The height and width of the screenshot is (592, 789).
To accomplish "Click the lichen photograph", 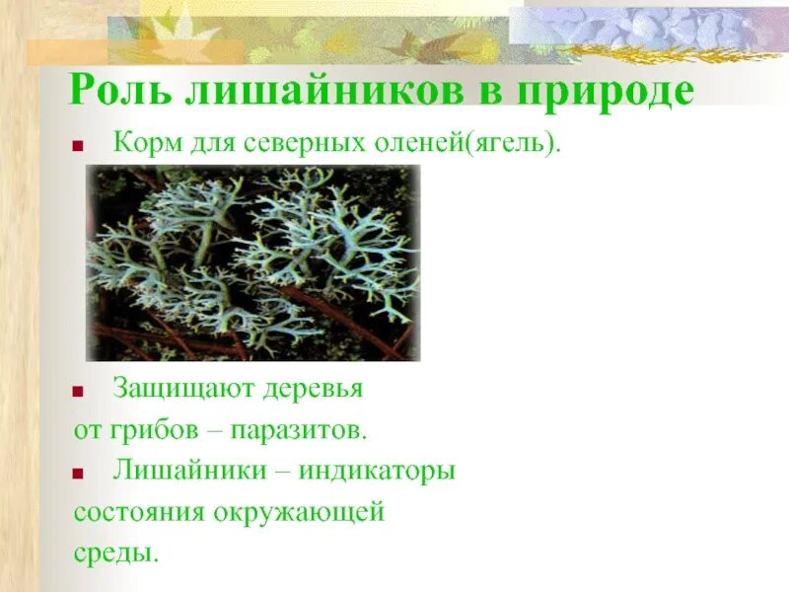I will [x=253, y=262].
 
